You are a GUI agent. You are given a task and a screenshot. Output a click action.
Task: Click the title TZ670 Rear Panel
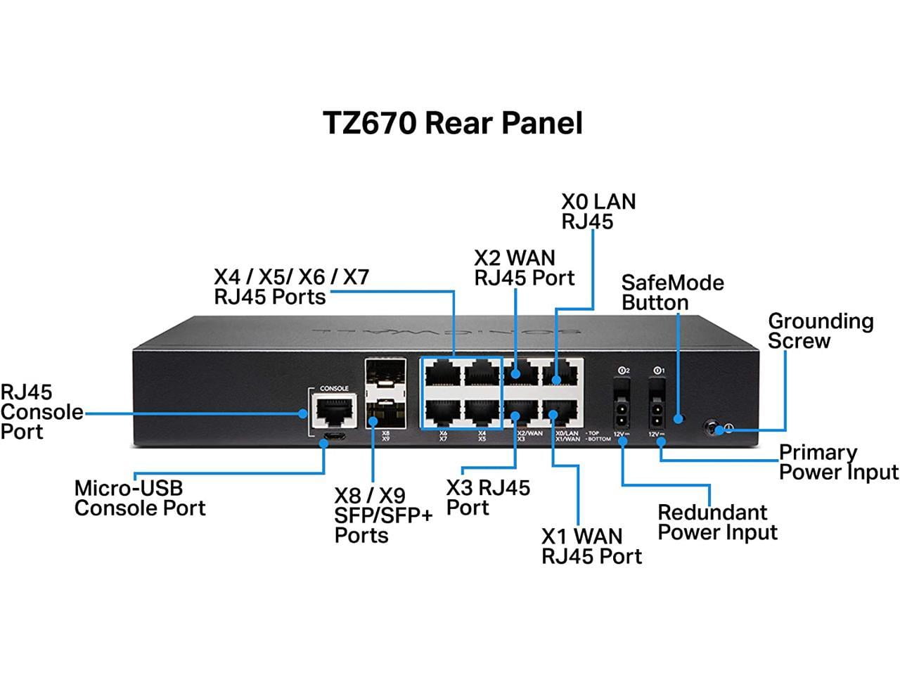tap(453, 123)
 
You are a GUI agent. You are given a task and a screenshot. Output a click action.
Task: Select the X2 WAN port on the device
tap(521, 373)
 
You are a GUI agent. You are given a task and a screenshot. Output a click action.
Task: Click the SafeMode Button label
tap(672, 292)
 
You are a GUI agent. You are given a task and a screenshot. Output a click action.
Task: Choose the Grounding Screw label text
tap(820, 330)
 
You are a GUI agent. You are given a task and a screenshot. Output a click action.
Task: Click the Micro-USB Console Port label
tap(139, 498)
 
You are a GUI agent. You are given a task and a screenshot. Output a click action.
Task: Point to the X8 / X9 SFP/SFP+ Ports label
tap(383, 515)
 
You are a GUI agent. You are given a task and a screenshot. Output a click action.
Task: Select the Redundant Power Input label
tap(717, 522)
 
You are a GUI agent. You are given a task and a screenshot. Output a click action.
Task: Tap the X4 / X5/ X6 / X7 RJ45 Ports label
tap(291, 286)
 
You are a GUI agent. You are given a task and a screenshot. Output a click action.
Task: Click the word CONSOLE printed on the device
tap(334, 388)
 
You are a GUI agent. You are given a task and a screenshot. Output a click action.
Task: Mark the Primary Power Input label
tap(838, 462)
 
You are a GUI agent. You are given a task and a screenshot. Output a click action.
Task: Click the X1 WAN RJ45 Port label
tap(591, 546)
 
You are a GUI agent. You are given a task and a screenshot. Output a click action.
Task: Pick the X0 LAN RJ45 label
tap(598, 211)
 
